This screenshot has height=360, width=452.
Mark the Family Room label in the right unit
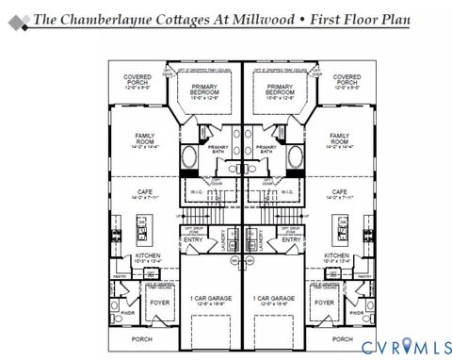339,139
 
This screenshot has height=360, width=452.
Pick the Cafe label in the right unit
339,194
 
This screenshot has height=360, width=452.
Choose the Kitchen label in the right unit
337,257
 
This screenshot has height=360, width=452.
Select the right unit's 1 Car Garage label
274,300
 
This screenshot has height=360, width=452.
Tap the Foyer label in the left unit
161,303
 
